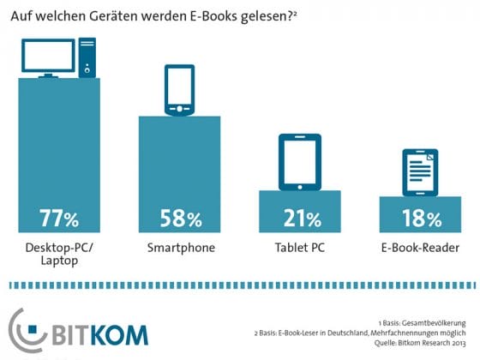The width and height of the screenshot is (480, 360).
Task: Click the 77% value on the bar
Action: click(59, 218)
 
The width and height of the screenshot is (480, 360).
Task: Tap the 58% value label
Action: click(180, 218)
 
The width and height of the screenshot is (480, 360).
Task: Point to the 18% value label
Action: click(420, 218)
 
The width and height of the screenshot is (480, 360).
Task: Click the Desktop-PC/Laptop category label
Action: click(59, 255)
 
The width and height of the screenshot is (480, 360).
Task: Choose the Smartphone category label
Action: click(180, 249)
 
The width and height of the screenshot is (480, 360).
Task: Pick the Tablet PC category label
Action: click(299, 249)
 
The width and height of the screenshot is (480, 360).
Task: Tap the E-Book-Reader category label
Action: click(420, 249)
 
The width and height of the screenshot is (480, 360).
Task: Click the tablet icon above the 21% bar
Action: click(299, 162)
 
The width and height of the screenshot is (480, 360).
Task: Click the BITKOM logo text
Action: click(101, 333)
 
